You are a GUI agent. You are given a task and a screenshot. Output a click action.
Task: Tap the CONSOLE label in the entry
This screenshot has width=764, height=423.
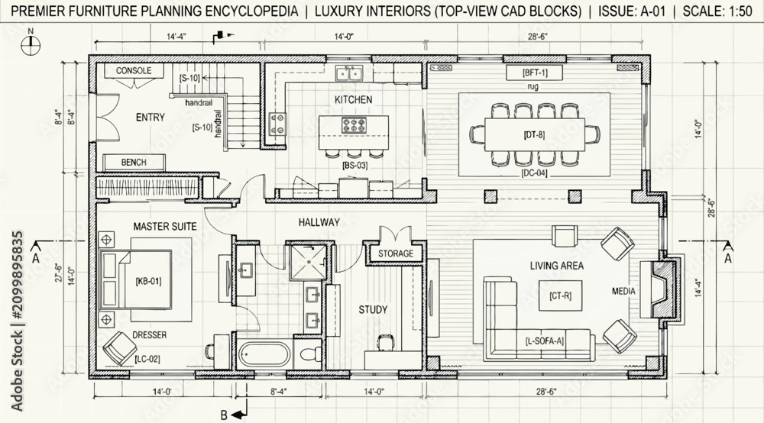point(134,70)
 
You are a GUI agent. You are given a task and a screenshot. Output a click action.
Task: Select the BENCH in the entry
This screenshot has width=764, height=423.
point(134,162)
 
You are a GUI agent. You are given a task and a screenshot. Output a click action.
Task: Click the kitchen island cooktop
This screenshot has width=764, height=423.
point(353,125)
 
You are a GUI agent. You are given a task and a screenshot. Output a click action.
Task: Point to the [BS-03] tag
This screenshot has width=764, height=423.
point(354,166)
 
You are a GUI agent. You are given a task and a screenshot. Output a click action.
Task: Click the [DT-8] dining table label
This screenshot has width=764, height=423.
point(535,135)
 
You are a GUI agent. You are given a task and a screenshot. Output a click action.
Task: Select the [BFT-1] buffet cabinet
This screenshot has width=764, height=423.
point(535,73)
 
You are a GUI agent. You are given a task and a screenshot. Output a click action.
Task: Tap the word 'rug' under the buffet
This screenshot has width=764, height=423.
point(533,87)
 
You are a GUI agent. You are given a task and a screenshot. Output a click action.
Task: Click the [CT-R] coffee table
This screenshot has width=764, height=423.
point(560,295)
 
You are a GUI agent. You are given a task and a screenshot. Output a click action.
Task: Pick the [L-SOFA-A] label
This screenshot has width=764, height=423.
point(544,341)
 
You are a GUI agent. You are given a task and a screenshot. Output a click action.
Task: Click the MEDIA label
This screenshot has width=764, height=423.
point(623,291)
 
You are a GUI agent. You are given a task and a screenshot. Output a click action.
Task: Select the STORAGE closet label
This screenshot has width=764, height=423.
point(396,253)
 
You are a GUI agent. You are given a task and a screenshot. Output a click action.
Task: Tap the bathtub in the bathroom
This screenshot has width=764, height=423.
point(264,355)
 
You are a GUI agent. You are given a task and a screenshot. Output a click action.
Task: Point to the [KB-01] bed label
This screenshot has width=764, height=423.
point(148,281)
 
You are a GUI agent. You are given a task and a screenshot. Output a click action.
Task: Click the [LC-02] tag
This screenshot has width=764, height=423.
point(147,359)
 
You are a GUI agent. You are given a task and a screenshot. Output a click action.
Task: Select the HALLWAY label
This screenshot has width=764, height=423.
point(319,222)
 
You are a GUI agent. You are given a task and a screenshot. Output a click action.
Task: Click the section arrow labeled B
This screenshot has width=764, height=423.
point(238,415)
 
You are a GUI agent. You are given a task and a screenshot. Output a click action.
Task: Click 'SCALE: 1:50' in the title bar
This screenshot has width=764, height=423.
point(717,11)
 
